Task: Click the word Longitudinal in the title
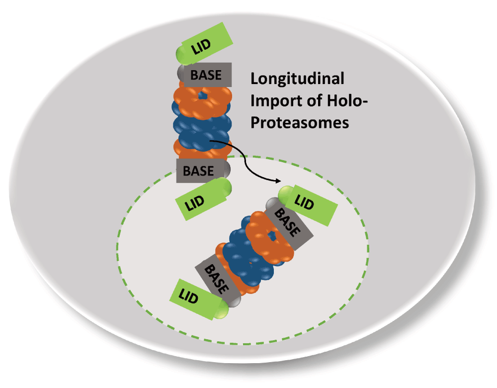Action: pyautogui.click(x=297, y=79)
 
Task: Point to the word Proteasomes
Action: pyautogui.click(x=299, y=122)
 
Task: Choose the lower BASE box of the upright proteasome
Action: pyautogui.click(x=198, y=171)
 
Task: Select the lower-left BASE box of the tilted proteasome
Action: pyautogui.click(x=218, y=278)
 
